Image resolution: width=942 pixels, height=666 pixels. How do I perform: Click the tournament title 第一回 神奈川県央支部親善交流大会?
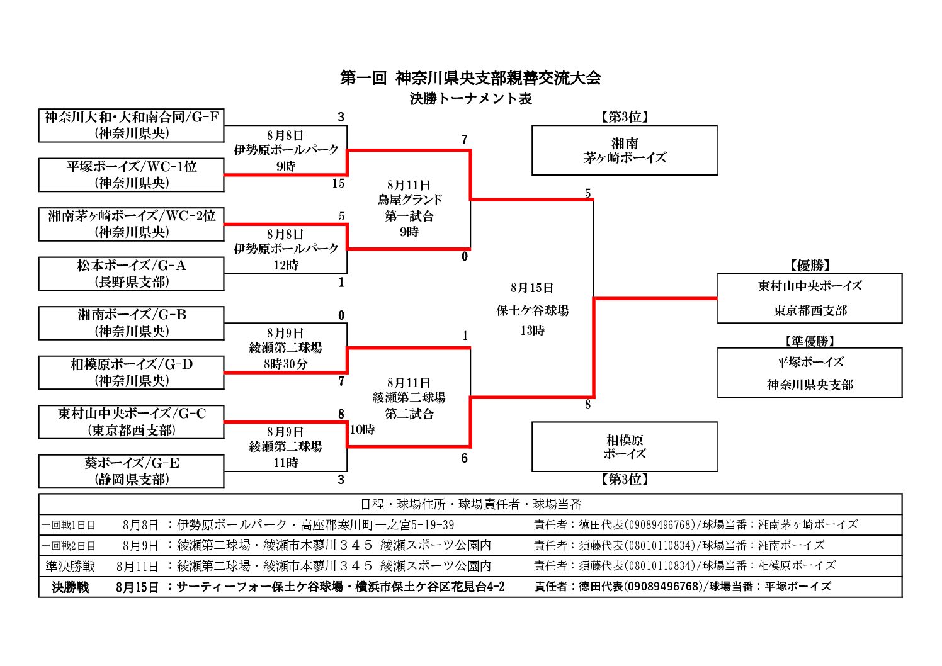click(x=470, y=78)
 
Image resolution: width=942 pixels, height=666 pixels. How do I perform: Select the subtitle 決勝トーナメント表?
click(x=471, y=99)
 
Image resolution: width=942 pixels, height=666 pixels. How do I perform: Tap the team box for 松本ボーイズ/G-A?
click(x=131, y=274)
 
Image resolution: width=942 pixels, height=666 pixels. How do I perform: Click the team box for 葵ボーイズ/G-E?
click(x=131, y=471)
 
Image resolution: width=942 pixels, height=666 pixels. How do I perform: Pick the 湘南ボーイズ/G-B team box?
click(x=131, y=323)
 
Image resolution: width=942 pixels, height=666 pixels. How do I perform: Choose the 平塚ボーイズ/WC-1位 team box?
click(x=131, y=175)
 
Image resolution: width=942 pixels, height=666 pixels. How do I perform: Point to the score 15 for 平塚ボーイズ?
click(x=339, y=183)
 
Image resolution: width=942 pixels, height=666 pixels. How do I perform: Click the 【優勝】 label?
click(x=810, y=265)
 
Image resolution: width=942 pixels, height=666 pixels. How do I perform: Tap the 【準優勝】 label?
click(x=810, y=341)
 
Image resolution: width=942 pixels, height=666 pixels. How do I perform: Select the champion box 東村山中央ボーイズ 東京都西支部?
click(x=810, y=298)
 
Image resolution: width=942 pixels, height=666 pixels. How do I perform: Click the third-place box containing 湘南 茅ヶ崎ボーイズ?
click(x=625, y=150)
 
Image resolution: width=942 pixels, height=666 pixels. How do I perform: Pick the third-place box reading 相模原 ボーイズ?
click(x=625, y=447)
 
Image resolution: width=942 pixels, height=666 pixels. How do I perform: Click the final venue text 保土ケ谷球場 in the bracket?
click(x=533, y=311)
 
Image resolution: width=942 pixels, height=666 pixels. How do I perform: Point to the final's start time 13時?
click(x=533, y=331)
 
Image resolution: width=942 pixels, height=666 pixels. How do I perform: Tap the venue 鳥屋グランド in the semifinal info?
click(x=409, y=200)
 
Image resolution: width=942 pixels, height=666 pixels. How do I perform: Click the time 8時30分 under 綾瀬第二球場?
click(x=285, y=364)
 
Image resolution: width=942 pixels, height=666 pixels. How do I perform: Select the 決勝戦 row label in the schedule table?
click(x=71, y=587)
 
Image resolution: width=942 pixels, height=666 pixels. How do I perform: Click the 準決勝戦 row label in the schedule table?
click(x=71, y=567)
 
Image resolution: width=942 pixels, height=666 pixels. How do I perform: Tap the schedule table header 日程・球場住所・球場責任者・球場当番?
click(x=471, y=504)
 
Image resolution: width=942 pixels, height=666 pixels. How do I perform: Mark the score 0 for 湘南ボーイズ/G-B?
click(x=341, y=315)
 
